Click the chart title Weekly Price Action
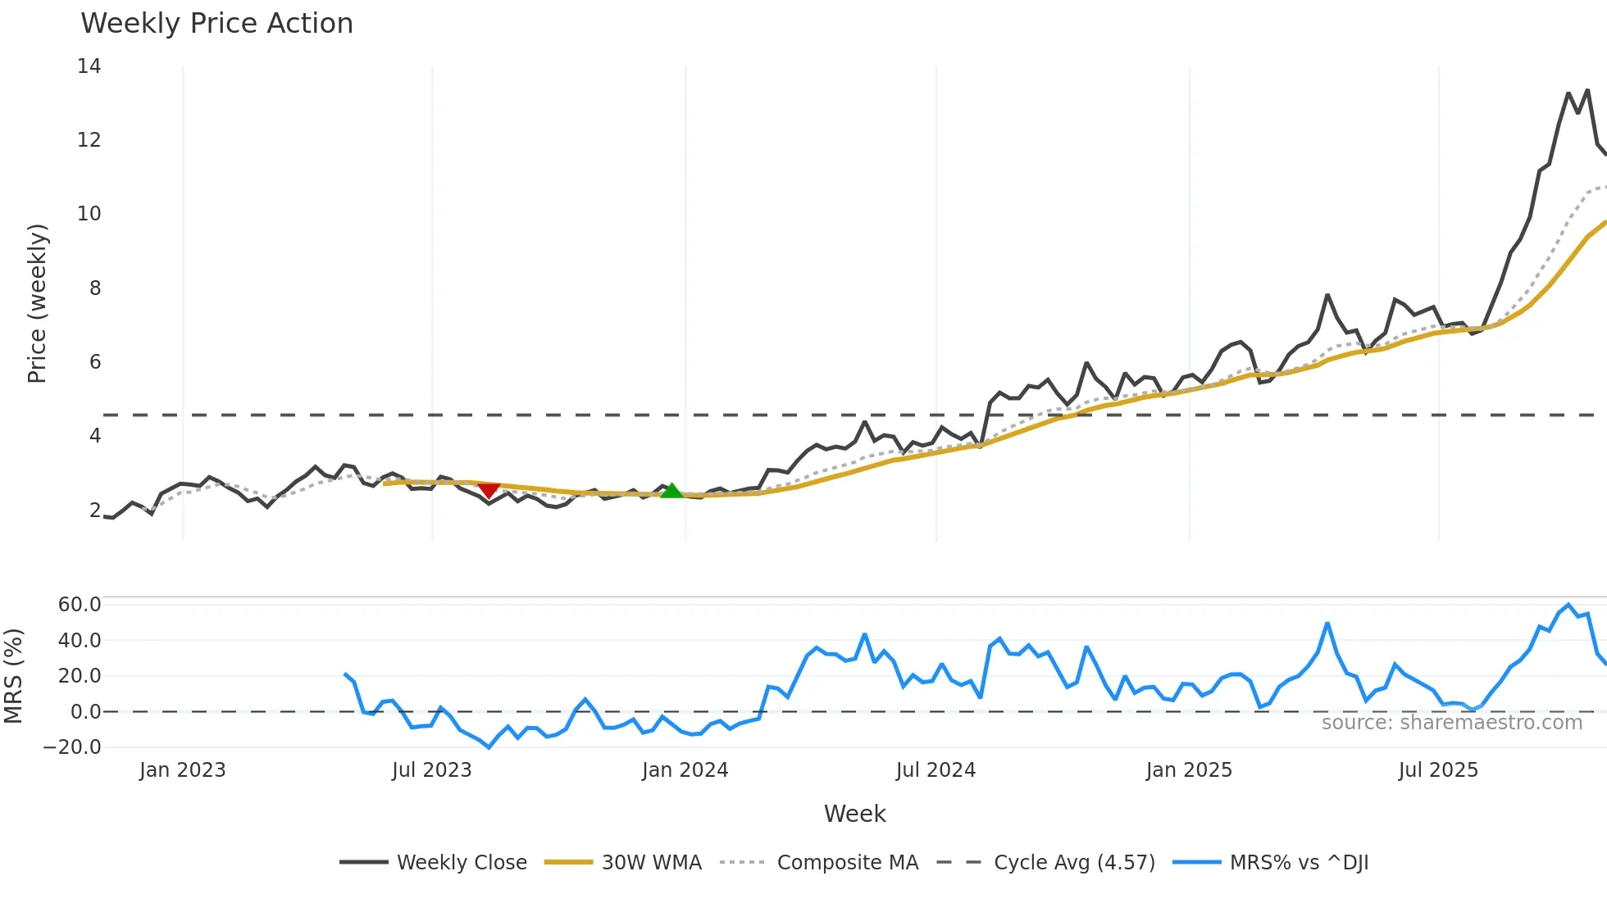[216, 24]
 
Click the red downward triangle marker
[489, 490]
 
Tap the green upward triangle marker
[671, 491]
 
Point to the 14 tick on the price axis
[89, 66]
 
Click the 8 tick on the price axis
[95, 288]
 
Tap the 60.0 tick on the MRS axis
[80, 605]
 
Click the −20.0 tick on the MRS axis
[72, 747]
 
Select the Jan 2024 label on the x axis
[685, 770]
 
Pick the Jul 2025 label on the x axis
[1438, 770]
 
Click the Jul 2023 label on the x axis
[432, 770]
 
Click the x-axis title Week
[854, 814]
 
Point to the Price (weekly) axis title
[37, 303]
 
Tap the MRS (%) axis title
[13, 676]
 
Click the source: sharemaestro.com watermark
[1451, 723]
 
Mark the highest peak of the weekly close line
[1587, 90]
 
